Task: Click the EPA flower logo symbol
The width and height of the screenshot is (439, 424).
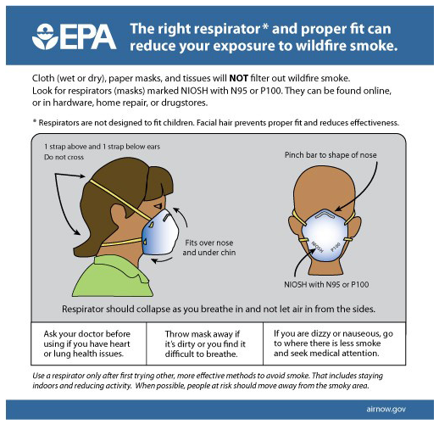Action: (45, 36)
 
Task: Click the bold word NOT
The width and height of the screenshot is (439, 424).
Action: (238, 78)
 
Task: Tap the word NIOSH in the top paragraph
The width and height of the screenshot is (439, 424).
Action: (194, 91)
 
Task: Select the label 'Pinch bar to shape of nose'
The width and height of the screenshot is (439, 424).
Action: (331, 155)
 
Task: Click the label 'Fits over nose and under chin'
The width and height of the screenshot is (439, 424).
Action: (209, 248)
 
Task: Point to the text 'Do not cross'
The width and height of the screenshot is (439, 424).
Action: (64, 157)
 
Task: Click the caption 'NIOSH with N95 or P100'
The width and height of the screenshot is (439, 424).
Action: (326, 284)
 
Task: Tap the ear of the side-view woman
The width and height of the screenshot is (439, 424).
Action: (119, 218)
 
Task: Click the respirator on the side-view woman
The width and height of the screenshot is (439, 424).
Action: (160, 232)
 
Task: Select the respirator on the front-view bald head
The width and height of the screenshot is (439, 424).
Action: (325, 235)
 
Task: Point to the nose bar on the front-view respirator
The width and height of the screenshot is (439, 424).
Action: (325, 215)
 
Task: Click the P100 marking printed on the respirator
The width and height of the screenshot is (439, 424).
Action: (336, 247)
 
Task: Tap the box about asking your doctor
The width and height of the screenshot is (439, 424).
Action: (88, 343)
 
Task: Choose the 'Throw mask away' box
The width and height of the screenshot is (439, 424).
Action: (204, 343)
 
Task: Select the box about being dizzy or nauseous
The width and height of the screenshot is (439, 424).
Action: (335, 343)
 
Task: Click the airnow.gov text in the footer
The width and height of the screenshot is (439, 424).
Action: (386, 409)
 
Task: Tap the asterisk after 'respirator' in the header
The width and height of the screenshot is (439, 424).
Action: (265, 27)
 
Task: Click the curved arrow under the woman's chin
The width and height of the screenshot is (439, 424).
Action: (163, 259)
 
